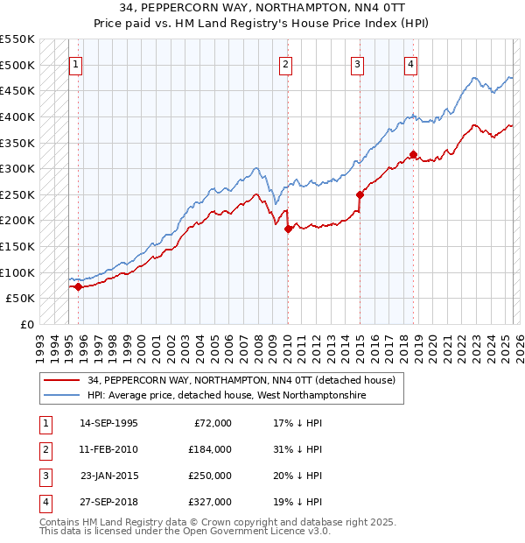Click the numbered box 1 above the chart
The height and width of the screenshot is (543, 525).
pos(75,64)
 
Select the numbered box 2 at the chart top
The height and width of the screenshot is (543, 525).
pos(286,64)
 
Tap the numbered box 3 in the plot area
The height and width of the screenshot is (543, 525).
pos(358,64)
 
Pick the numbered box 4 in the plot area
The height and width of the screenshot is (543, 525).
pos(410,64)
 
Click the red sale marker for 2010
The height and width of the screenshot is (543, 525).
pos(288,229)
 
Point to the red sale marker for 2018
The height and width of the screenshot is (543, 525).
pos(413,155)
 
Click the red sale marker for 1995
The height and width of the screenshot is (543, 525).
pos(78,286)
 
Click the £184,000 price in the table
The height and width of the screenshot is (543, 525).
pos(210,449)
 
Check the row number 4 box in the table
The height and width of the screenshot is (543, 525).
pos(45,502)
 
